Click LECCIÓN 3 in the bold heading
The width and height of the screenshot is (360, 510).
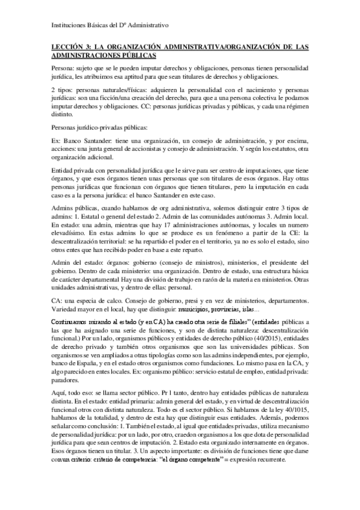click(68, 46)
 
